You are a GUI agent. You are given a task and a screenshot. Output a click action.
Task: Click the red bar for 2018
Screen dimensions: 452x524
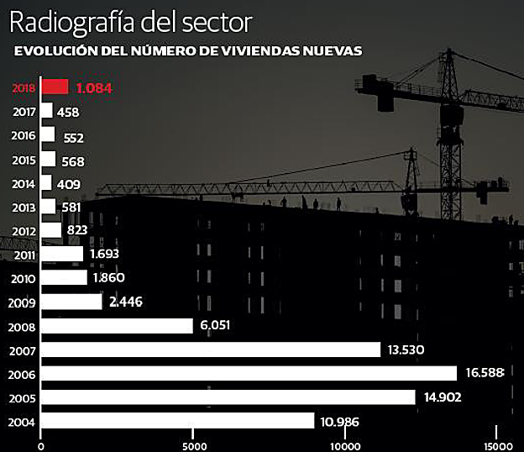pos(55,87)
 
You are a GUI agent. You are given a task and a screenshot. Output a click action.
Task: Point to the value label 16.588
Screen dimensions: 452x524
pos(483,373)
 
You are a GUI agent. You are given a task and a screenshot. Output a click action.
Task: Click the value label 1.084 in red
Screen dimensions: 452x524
pos(94,87)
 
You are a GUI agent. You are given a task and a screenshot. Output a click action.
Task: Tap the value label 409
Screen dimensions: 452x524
pos(68,184)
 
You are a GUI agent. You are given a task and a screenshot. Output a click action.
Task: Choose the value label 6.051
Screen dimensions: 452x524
pos(216,326)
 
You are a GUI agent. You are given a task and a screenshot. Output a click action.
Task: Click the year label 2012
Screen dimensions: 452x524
pos(24,231)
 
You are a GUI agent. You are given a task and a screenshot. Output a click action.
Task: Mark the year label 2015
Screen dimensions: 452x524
pos(24,160)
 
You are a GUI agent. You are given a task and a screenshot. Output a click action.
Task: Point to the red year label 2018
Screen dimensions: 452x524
pos(24,87)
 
